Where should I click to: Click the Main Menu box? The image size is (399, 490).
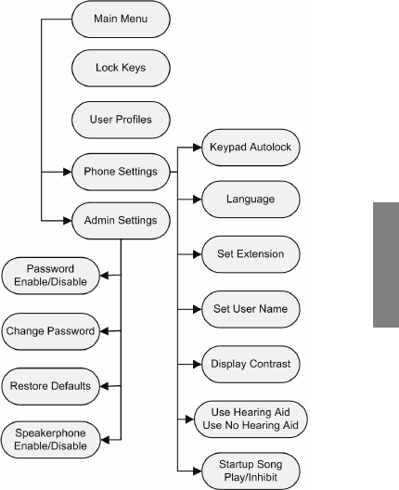click(x=121, y=19)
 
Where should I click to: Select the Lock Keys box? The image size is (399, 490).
click(x=121, y=68)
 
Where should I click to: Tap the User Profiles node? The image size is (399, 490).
click(x=121, y=120)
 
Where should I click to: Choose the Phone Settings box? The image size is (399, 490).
click(x=121, y=172)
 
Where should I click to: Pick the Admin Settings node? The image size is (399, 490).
click(x=121, y=221)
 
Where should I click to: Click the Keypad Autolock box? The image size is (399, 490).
click(x=251, y=148)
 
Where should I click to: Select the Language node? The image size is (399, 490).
click(x=251, y=199)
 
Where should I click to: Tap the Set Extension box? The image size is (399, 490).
click(x=251, y=254)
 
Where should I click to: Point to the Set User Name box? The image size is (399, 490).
click(x=251, y=309)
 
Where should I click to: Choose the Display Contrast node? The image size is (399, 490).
click(x=251, y=364)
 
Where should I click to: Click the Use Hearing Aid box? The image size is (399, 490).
click(x=251, y=419)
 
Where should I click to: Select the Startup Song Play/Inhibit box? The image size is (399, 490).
click(x=251, y=471)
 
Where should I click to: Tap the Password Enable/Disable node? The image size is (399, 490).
click(x=51, y=276)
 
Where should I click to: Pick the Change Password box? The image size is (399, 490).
click(x=51, y=331)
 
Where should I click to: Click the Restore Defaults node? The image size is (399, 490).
click(x=51, y=386)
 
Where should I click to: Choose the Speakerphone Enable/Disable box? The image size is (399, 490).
click(x=51, y=440)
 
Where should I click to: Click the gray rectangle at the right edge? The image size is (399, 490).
click(x=386, y=264)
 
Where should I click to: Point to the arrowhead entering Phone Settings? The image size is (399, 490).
click(x=68, y=172)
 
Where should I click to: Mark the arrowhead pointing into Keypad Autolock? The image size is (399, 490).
click(x=198, y=148)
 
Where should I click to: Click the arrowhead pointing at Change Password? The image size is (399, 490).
click(x=104, y=331)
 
